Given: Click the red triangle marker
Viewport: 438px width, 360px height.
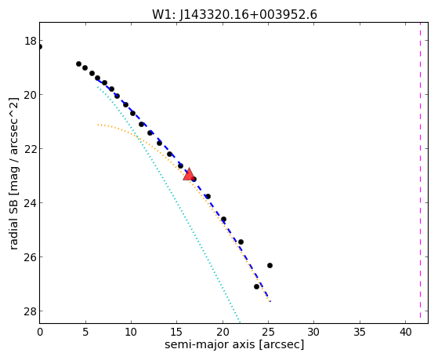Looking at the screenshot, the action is pos(189,174).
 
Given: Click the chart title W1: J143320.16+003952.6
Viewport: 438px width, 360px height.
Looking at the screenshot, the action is pos(234,15).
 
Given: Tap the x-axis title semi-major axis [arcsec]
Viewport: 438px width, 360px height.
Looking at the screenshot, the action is pos(234,344).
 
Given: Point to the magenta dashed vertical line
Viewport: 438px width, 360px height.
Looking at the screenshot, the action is pos(420,169).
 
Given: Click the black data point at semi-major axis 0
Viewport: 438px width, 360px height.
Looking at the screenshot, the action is pos(40,46).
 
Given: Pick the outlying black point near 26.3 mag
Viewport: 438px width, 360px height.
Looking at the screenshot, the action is pos(270,265).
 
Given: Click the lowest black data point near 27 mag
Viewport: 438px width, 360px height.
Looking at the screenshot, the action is pos(256,286).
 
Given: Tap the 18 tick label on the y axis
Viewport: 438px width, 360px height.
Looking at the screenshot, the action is pos(30,41).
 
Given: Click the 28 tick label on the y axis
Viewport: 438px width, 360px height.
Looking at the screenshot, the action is pos(30,311).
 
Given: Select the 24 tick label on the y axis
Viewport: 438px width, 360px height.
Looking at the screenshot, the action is pos(30,203).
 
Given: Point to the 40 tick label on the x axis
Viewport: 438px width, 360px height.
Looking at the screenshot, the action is pos(405,332).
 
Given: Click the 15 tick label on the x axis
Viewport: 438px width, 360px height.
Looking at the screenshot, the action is pos(176,332).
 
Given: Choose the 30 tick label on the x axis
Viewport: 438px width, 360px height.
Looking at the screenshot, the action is pos(313,332).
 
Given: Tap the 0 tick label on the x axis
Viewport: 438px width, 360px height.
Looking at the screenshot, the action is pos(40,332).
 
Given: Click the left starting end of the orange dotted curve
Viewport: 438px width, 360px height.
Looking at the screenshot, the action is pos(98,125).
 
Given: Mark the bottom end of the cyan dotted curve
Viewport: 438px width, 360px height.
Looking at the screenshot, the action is pos(240,321).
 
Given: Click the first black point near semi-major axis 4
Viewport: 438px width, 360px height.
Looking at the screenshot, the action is pos(78,64).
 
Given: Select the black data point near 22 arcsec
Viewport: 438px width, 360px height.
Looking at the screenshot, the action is pos(241,242).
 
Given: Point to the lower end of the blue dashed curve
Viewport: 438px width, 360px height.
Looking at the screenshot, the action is pos(270,301).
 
